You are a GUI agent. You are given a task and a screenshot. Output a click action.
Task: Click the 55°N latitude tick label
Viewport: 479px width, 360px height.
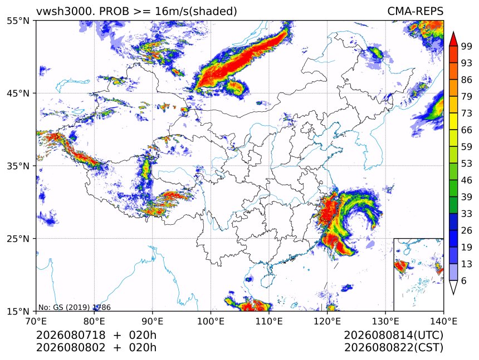tap(18, 21)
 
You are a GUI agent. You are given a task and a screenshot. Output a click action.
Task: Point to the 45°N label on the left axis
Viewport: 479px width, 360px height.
tap(18, 93)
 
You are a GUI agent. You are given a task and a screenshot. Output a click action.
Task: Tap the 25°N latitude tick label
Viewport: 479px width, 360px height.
tap(18, 239)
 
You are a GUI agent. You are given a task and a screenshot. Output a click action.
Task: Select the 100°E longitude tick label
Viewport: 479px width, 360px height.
tap(211, 321)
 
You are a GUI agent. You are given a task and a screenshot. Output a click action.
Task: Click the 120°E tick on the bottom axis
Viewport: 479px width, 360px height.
tap(327, 321)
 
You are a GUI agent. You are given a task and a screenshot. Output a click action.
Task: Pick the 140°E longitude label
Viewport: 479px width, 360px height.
tap(443, 321)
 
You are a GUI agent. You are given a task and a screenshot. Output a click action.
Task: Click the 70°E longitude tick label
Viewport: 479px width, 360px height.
tap(36, 321)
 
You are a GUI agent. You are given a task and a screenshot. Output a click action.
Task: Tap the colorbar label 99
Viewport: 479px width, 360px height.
tap(467, 46)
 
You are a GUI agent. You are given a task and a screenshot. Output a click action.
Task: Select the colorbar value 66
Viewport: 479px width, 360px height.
tap(467, 130)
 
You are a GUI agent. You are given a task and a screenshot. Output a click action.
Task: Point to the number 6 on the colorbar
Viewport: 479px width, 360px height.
tap(464, 280)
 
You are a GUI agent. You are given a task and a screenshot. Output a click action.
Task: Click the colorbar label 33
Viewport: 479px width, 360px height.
tap(467, 214)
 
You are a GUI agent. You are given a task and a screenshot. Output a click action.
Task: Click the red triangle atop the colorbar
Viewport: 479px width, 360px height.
tap(453, 38)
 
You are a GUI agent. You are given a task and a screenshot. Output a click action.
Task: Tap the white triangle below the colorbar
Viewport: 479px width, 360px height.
tap(453, 288)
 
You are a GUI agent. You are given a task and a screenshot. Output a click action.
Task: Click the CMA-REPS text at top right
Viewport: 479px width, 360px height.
tap(415, 11)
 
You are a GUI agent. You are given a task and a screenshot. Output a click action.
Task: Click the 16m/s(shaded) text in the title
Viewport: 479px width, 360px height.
tap(196, 12)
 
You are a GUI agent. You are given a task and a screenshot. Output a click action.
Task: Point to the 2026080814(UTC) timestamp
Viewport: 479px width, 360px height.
tap(393, 336)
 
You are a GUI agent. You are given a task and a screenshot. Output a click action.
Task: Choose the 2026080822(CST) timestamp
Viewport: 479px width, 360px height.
tap(393, 348)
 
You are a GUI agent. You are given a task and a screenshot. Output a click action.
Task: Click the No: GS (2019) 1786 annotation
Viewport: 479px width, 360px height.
tap(75, 308)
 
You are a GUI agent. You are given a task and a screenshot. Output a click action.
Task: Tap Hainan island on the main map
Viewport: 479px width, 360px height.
tap(268, 280)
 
